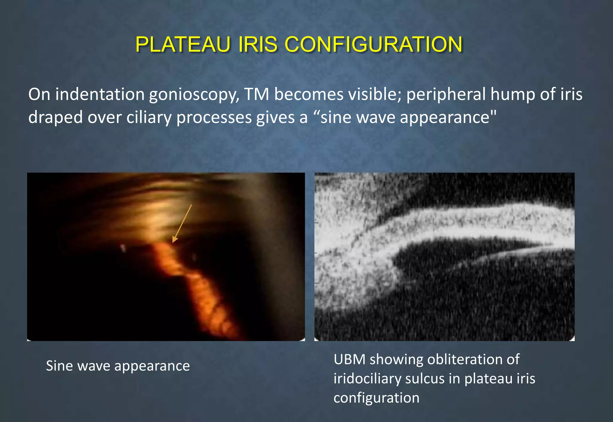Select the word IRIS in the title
coord(258,44)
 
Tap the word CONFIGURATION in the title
coord(373,44)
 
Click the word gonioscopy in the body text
coord(194,95)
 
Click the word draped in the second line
coord(55,117)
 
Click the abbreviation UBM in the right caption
coord(349,359)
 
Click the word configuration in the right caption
coord(376,398)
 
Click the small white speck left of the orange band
coord(122,248)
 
